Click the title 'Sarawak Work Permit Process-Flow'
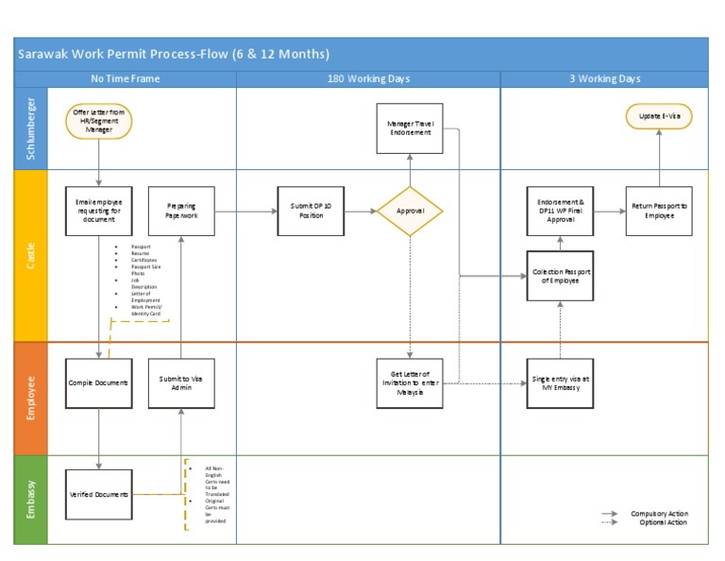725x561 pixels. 175,54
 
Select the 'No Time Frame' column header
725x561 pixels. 125,78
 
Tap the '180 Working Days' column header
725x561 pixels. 368,78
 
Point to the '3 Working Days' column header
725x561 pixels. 604,78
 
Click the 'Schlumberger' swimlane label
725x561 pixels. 30,129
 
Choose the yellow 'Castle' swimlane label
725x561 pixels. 30,256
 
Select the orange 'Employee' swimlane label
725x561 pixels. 30,399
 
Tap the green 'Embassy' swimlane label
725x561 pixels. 30,499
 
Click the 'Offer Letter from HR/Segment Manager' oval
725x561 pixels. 99,122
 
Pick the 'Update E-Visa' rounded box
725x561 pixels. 659,116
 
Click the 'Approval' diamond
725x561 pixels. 410,212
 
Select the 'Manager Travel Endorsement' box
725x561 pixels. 410,128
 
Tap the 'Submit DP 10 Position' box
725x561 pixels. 311,212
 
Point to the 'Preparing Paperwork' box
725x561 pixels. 181,211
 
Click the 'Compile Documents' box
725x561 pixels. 98,382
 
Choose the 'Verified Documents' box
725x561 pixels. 98,494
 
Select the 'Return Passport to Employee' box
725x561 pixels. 659,211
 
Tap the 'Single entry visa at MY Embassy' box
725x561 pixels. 560,382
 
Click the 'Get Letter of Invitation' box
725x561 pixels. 410,382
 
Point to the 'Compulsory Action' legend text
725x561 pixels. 659,514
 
